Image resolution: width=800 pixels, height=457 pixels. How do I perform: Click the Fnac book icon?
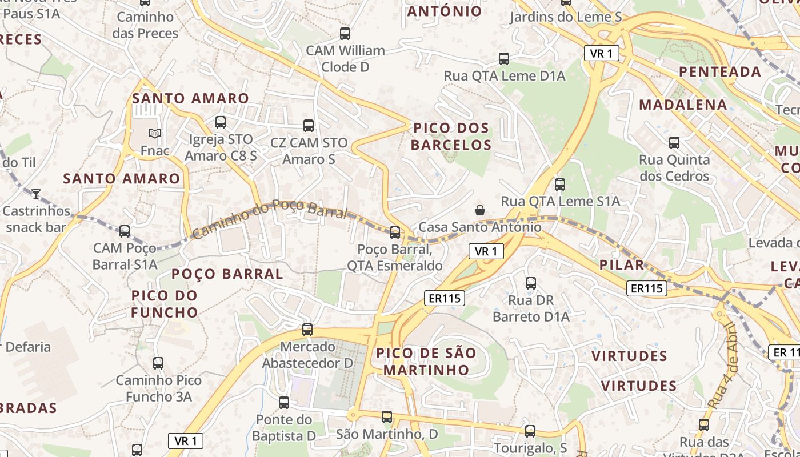coord(154,134)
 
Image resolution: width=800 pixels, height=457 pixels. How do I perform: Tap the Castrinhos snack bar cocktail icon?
coord(36,194)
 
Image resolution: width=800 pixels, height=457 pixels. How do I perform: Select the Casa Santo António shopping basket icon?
coord(480,210)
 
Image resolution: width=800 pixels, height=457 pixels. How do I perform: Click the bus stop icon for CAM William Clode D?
coord(345,33)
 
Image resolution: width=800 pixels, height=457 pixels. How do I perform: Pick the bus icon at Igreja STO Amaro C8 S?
coord(221,122)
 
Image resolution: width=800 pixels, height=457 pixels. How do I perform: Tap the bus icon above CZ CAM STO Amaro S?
coord(309,125)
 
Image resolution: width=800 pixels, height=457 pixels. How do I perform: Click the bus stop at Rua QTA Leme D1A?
coord(504,58)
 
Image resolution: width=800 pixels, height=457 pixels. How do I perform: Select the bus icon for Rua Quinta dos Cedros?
coord(674,142)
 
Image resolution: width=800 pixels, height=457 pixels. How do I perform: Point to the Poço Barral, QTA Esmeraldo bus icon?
coord(395,232)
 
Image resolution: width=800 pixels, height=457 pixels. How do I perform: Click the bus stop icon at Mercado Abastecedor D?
coord(307,329)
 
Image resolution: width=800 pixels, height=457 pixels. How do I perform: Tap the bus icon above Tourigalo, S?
coord(530,431)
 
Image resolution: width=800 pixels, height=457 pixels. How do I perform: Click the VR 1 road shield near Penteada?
coord(602,54)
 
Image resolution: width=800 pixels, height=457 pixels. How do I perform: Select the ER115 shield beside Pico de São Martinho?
coord(445,298)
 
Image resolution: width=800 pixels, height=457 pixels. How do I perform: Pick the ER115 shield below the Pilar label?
coord(647,288)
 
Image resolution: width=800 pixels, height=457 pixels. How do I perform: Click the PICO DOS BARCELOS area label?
coord(451,136)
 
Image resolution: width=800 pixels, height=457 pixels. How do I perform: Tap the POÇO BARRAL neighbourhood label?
coord(227,274)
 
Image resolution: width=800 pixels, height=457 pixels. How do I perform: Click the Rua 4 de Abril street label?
coord(723,366)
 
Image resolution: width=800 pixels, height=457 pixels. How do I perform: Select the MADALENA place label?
coord(683,105)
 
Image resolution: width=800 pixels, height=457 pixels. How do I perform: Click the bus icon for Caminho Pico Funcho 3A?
coord(158,363)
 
